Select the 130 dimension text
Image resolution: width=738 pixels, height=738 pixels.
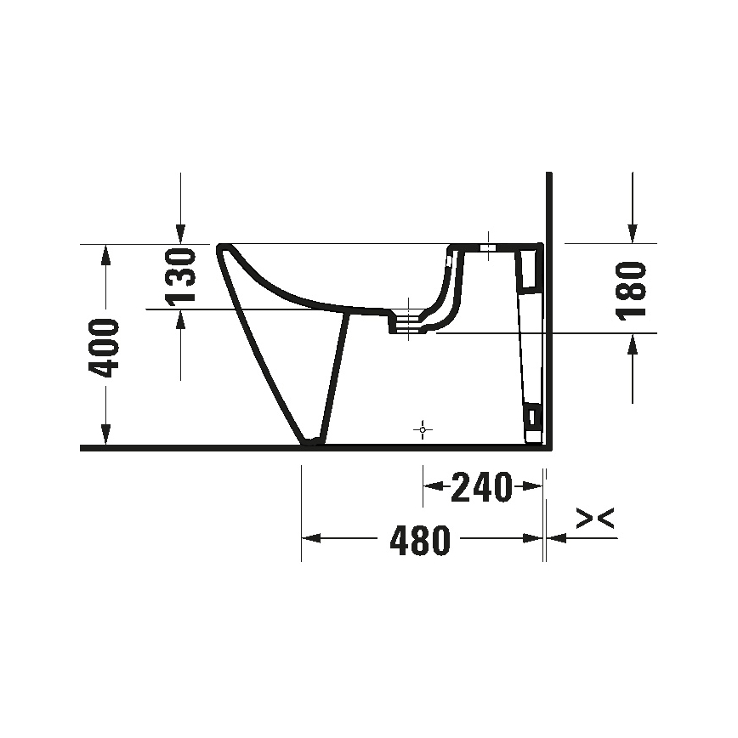180,276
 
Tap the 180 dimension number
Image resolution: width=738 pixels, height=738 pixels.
631,290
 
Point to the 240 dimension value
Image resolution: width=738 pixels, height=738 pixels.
481,487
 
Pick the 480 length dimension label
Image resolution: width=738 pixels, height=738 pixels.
419,539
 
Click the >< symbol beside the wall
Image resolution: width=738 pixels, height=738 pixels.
595,519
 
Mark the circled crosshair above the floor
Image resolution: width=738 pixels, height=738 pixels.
423,430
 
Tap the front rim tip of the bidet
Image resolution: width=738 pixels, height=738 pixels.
224,248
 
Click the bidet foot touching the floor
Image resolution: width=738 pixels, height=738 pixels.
313,440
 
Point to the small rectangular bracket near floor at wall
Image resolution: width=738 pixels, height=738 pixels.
532,416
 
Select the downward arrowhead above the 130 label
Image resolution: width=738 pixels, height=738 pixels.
180,234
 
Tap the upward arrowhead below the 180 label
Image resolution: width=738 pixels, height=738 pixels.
632,343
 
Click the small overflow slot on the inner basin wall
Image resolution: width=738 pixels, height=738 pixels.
448,263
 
